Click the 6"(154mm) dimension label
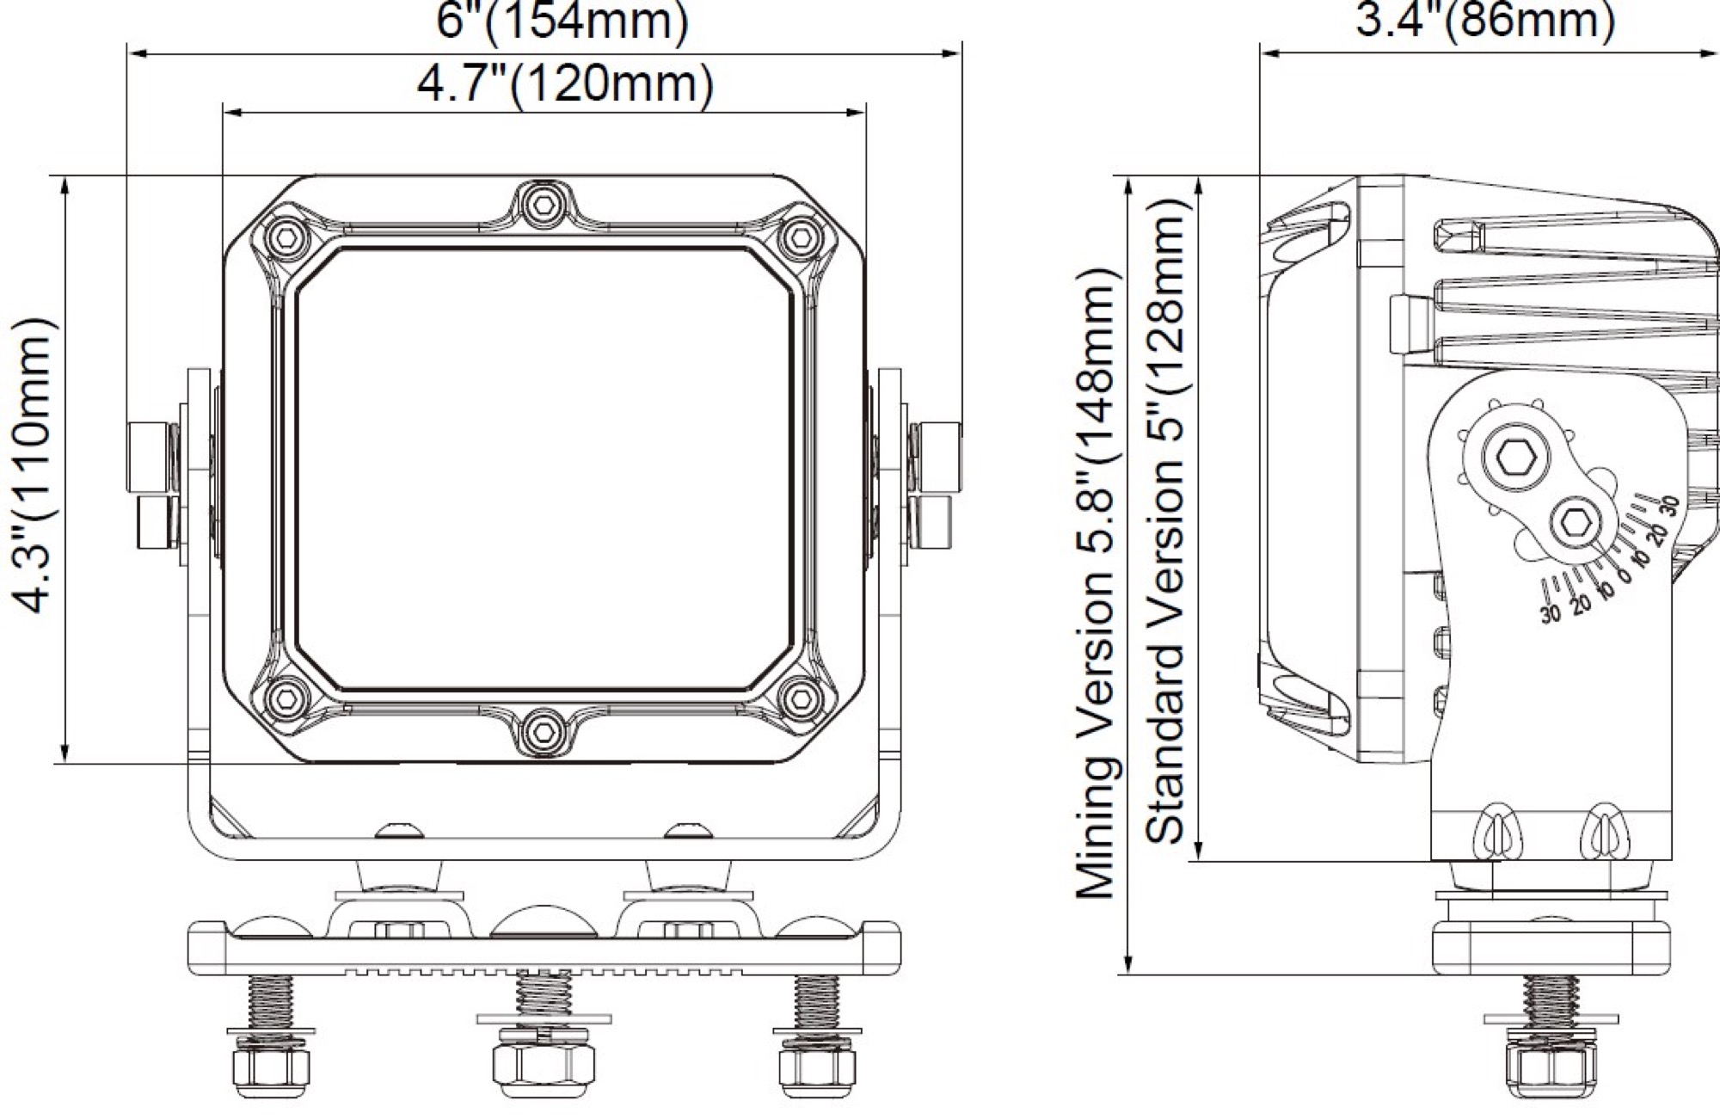[x=562, y=22]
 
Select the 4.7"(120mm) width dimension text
[x=565, y=84]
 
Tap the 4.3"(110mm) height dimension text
[x=37, y=464]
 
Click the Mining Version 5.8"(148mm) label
[x=1096, y=583]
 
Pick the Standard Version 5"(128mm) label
[x=1167, y=520]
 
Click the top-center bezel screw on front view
[x=541, y=204]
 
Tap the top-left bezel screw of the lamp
[x=286, y=234]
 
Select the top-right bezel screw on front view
[x=798, y=234]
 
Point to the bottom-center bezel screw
[x=541, y=730]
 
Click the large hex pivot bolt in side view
[x=1514, y=461]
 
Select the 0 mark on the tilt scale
[x=1621, y=576]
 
